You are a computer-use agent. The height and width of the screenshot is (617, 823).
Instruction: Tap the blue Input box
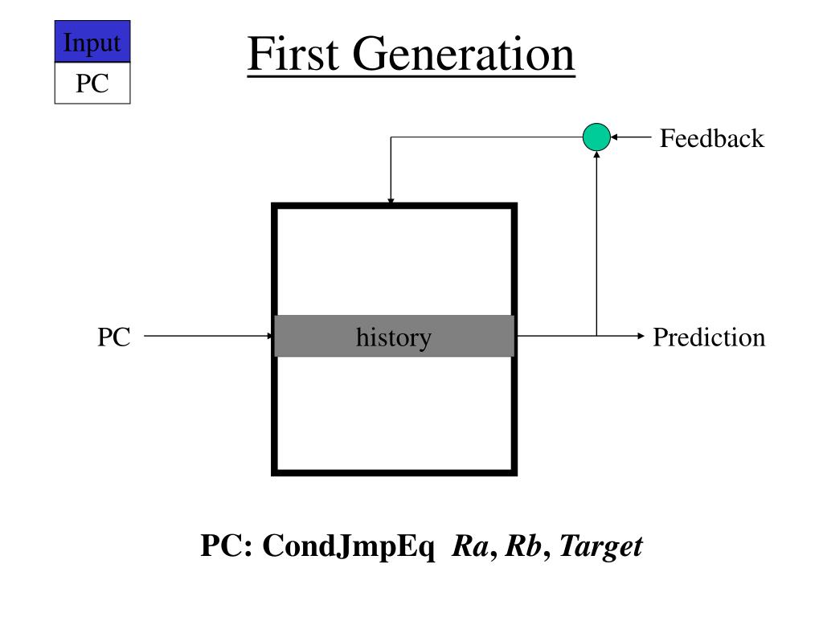click(x=92, y=43)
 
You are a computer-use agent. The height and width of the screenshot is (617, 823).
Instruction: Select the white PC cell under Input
click(x=92, y=84)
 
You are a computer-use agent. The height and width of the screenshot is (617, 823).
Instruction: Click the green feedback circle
click(x=596, y=137)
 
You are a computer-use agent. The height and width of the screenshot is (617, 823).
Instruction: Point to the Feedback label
click(x=711, y=139)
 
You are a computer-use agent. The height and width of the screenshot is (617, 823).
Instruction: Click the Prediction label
click(x=709, y=337)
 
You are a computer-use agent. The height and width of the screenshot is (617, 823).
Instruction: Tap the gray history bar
click(x=394, y=337)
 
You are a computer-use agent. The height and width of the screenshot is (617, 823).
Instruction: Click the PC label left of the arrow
click(x=114, y=337)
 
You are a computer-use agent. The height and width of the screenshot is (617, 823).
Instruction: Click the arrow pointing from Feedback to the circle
click(x=631, y=137)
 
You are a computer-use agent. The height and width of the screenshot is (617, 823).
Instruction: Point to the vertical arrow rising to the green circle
click(x=596, y=241)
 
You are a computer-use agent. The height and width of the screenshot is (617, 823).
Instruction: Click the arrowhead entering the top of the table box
click(x=391, y=201)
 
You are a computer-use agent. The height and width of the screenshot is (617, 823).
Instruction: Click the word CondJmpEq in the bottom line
click(x=349, y=547)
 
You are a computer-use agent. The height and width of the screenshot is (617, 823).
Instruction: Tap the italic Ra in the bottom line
click(x=468, y=547)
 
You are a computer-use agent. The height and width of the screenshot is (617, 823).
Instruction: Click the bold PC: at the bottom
click(x=227, y=547)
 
